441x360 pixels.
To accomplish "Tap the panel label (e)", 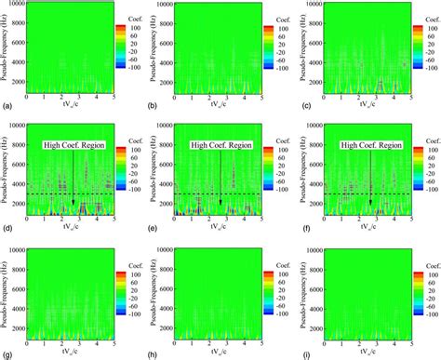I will [154, 229].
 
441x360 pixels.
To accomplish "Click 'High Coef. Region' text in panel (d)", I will [73, 145].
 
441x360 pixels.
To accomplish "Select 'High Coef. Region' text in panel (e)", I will [221, 145].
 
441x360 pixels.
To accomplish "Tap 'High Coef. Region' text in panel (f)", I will [369, 145].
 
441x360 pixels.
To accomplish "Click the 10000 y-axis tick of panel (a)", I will [16, 5].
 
